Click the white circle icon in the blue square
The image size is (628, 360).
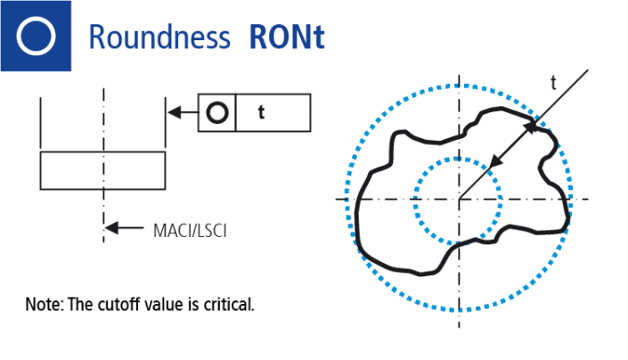(36, 36)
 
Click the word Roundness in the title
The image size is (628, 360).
(156, 37)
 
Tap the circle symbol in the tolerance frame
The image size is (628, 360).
(217, 113)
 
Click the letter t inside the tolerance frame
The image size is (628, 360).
(261, 113)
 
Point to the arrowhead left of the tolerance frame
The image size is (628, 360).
(175, 113)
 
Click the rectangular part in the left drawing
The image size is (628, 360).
(102, 170)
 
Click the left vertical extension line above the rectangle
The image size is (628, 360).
(41, 125)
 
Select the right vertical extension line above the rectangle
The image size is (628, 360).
(166, 125)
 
